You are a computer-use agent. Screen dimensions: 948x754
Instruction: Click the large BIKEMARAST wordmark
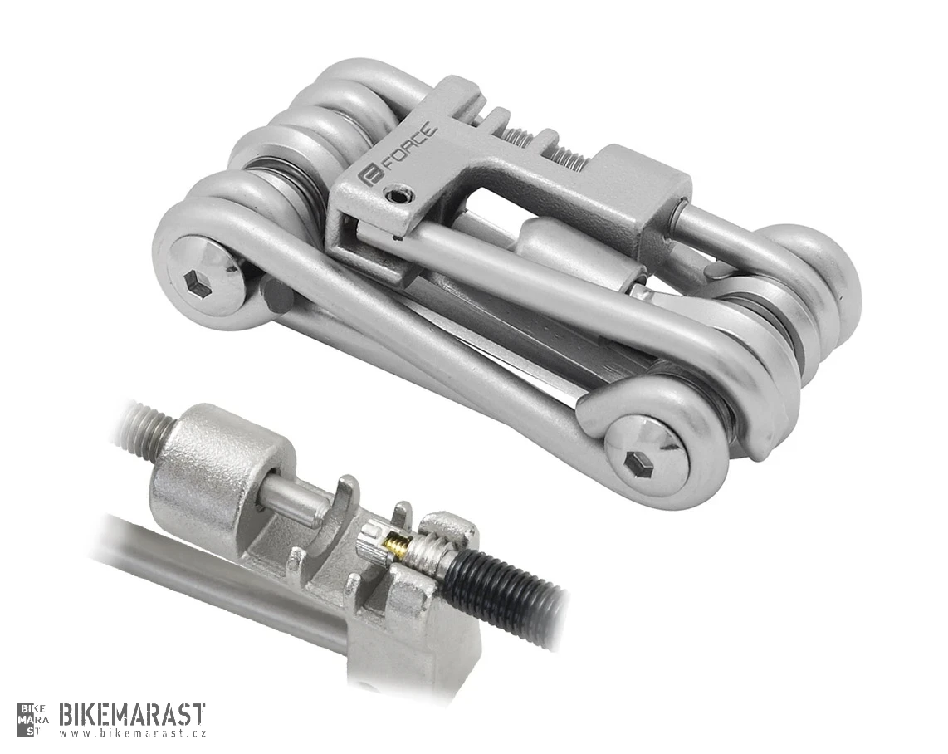tap(133, 715)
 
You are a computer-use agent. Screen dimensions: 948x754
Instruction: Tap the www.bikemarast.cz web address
tap(133, 734)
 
